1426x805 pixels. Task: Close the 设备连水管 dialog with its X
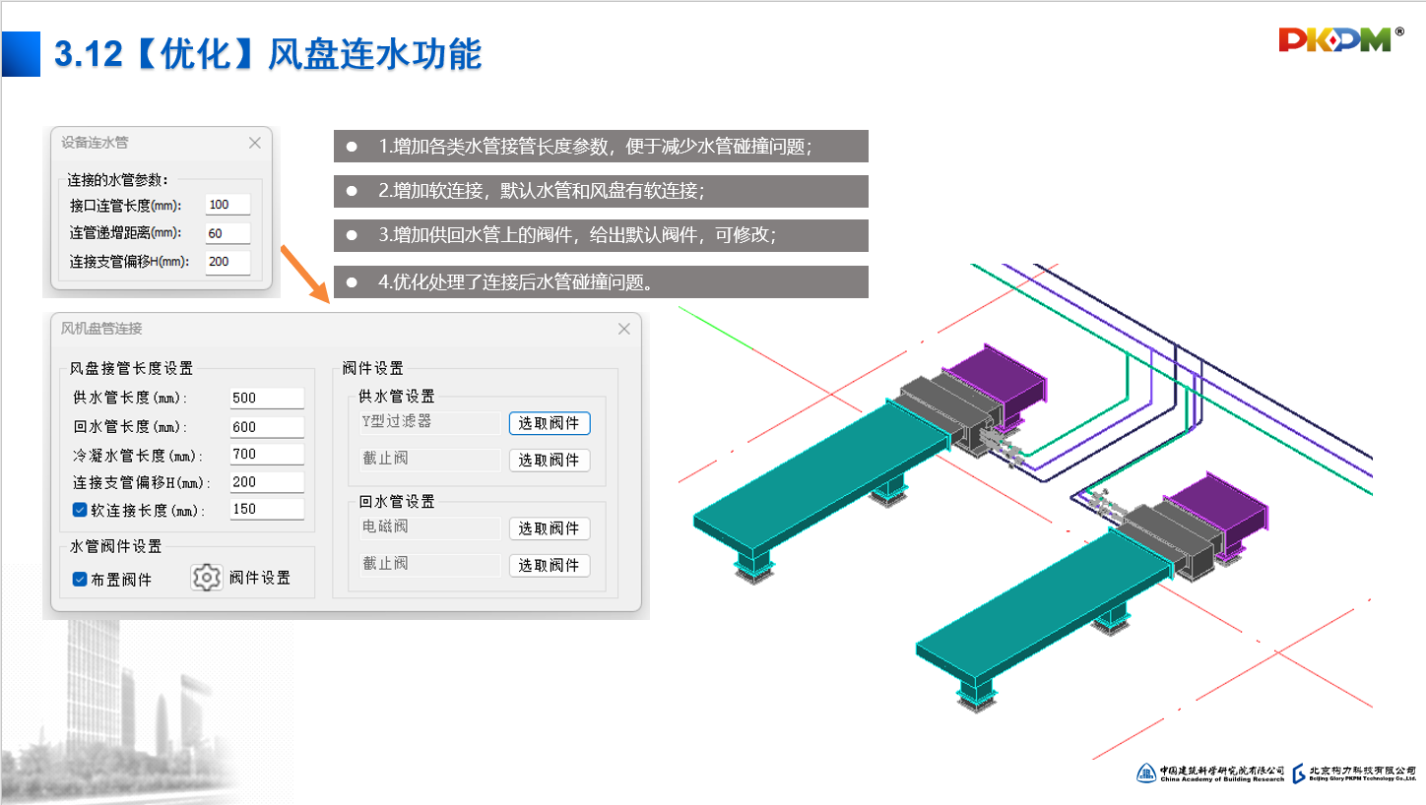pyautogui.click(x=255, y=143)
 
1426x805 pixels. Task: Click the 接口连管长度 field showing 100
pyautogui.click(x=227, y=205)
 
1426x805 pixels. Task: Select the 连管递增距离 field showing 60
pyautogui.click(x=227, y=233)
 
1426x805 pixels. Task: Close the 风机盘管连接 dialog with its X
pyautogui.click(x=623, y=329)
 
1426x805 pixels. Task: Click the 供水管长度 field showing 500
pyautogui.click(x=266, y=398)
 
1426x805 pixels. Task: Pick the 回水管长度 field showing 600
pyautogui.click(x=266, y=426)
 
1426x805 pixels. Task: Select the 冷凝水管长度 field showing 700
pyautogui.click(x=266, y=454)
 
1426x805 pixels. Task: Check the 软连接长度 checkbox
pyautogui.click(x=81, y=510)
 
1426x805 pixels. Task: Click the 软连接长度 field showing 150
pyautogui.click(x=266, y=509)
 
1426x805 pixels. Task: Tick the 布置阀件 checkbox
pyautogui.click(x=81, y=579)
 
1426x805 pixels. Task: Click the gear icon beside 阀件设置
pyautogui.click(x=207, y=578)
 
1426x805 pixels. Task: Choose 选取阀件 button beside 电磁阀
pyautogui.click(x=550, y=528)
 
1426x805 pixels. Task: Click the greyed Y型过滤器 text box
pyautogui.click(x=430, y=422)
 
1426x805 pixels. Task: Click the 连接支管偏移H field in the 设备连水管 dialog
pyautogui.click(x=227, y=262)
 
